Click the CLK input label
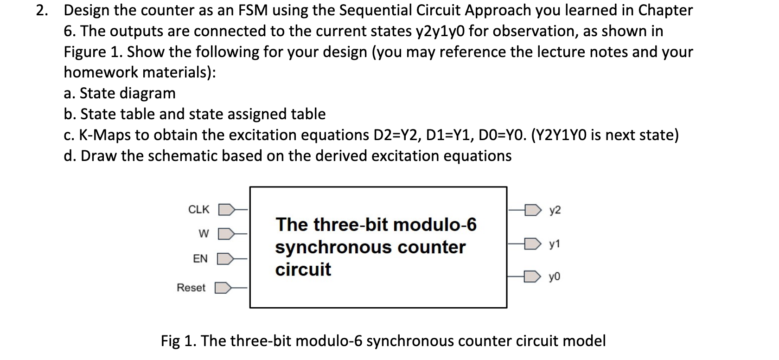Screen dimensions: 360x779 coord(199,210)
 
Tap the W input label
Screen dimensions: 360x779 coord(204,233)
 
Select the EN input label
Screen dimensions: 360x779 coord(200,259)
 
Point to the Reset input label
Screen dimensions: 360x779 coord(191,288)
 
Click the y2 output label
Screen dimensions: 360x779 coord(555,210)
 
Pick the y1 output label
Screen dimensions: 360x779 coord(555,244)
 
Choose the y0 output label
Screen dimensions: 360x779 coord(555,277)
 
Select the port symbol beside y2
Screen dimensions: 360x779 coord(533,210)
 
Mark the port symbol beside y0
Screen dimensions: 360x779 coord(533,277)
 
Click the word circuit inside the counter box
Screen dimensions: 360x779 coord(303,270)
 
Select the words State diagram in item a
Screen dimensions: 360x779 coord(128,93)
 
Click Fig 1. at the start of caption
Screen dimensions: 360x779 coord(179,341)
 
